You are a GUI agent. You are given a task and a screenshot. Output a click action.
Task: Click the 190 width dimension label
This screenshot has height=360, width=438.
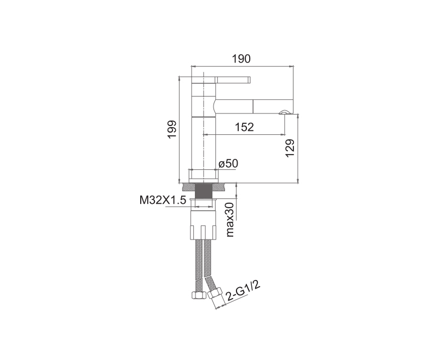point(241,59)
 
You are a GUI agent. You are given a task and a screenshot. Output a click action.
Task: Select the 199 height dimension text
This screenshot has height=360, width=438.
point(172,129)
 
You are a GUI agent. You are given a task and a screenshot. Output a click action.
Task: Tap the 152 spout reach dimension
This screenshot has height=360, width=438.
point(244,127)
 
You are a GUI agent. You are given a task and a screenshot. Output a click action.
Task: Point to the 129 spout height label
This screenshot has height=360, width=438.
point(290,148)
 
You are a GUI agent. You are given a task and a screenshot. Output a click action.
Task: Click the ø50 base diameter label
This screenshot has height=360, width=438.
point(228,164)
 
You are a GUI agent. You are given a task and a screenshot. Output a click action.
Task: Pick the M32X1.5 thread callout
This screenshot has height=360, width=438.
point(163,200)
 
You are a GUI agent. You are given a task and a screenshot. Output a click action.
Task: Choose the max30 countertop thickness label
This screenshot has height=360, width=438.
point(230,220)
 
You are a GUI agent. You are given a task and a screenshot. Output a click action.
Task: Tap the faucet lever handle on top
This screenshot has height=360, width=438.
point(233,79)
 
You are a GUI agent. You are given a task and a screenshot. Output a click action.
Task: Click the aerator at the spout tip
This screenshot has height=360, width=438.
point(284,112)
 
